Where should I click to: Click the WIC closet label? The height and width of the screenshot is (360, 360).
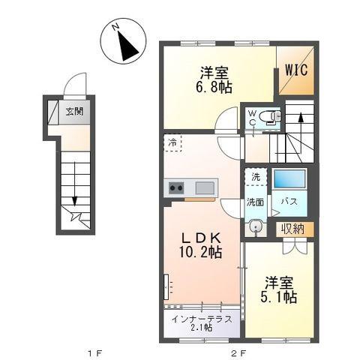296,70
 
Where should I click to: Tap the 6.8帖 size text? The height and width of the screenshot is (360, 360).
214,87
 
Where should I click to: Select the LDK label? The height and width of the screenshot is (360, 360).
201,238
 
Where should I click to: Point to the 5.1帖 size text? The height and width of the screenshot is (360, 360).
279,297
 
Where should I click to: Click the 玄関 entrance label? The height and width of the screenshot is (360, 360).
74,111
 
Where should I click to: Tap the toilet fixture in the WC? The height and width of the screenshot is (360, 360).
271,117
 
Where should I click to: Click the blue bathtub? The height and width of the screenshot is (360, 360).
289,178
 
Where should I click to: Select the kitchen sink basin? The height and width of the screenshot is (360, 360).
205,188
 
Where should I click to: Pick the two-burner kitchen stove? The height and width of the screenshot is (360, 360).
176,188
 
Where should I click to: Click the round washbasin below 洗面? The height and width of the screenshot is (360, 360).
255,226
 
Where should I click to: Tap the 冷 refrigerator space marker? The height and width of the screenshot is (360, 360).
172,143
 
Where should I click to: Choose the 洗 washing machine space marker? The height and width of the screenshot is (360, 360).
256,177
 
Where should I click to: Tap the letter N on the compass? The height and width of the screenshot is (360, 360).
115,27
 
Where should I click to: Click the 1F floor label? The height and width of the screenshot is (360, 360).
94,353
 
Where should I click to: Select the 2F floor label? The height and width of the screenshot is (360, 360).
239,353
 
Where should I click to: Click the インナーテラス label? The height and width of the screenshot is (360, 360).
202,319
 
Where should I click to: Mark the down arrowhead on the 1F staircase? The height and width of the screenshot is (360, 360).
74,201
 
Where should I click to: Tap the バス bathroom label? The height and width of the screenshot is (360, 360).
289,202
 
